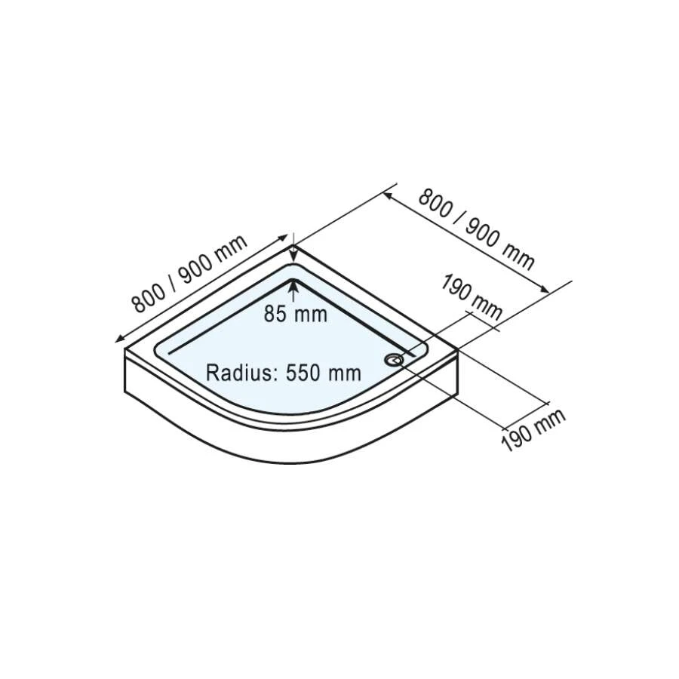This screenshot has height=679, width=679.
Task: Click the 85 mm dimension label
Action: click(x=296, y=314)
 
